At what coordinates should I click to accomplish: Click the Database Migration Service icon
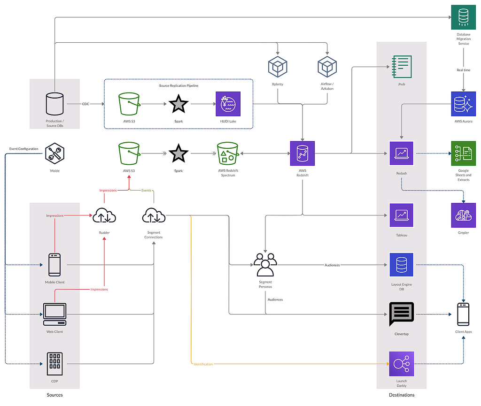tap(464, 17)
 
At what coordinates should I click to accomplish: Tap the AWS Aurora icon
tap(464, 104)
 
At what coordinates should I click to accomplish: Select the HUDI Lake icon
tap(228, 104)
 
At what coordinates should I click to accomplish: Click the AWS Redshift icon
tap(303, 153)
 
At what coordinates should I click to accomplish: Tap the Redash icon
tap(402, 153)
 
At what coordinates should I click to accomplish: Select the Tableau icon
tap(402, 215)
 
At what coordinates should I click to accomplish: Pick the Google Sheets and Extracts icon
tap(464, 153)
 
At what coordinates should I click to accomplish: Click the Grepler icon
tap(464, 215)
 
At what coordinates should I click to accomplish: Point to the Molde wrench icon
tap(54, 153)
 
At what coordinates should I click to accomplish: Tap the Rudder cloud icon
tap(104, 215)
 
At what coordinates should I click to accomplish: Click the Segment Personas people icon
tap(265, 265)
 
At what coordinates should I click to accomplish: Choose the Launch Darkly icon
tap(402, 364)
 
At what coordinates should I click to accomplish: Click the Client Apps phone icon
tap(464, 314)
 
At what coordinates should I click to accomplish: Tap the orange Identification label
tap(203, 364)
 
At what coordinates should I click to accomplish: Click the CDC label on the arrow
tap(85, 104)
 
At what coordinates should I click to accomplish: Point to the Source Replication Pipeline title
tap(178, 85)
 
